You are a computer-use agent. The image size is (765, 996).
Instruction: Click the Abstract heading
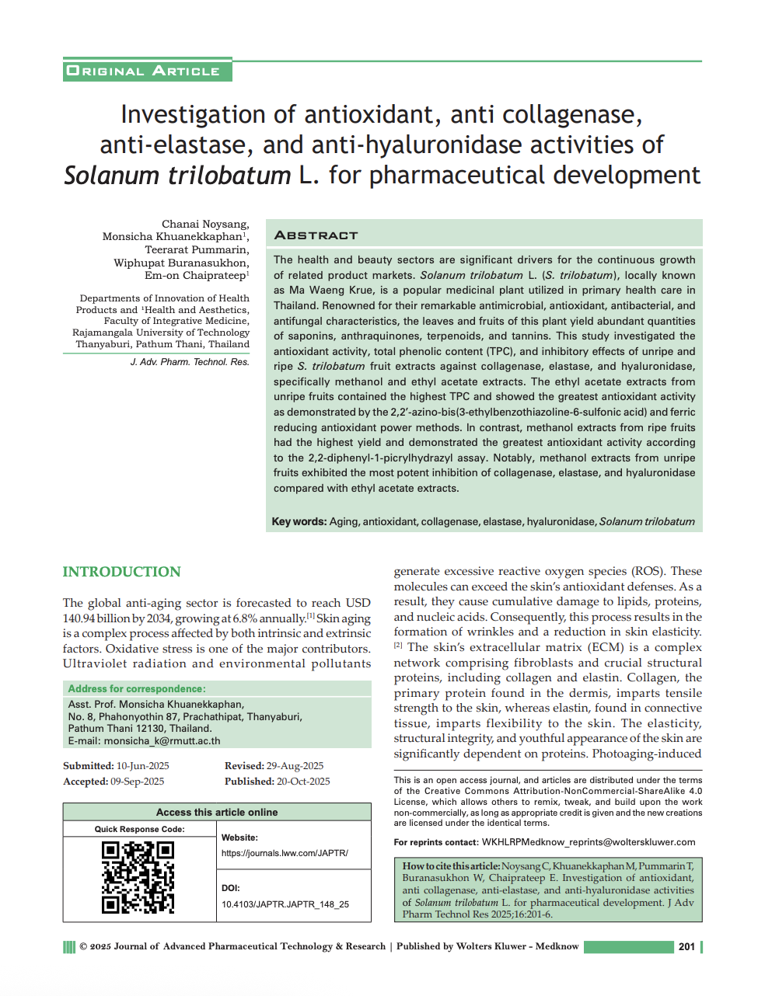point(316,235)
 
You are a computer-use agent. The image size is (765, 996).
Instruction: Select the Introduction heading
point(121,572)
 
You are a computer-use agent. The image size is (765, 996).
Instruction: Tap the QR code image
point(138,877)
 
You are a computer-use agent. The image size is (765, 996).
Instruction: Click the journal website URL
point(285,853)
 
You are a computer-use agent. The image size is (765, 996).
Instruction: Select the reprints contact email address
point(589,842)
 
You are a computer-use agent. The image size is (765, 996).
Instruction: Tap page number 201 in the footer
point(686,946)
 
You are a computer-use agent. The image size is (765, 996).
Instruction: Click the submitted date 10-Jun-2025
point(142,766)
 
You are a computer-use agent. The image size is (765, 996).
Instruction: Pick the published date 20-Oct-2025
point(303,782)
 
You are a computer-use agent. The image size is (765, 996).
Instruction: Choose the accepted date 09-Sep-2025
point(137,782)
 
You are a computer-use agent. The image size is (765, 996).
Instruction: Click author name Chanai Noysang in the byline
point(205,224)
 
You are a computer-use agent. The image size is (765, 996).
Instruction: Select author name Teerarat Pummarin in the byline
point(197,249)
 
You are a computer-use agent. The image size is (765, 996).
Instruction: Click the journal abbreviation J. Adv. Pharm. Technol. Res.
point(190,362)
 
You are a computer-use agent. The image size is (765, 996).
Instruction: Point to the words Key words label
point(299,522)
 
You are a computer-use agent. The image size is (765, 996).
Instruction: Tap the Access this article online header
point(217,812)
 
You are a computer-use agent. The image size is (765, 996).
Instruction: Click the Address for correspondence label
point(137,689)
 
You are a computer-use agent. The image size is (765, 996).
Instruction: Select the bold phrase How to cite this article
point(451,866)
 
